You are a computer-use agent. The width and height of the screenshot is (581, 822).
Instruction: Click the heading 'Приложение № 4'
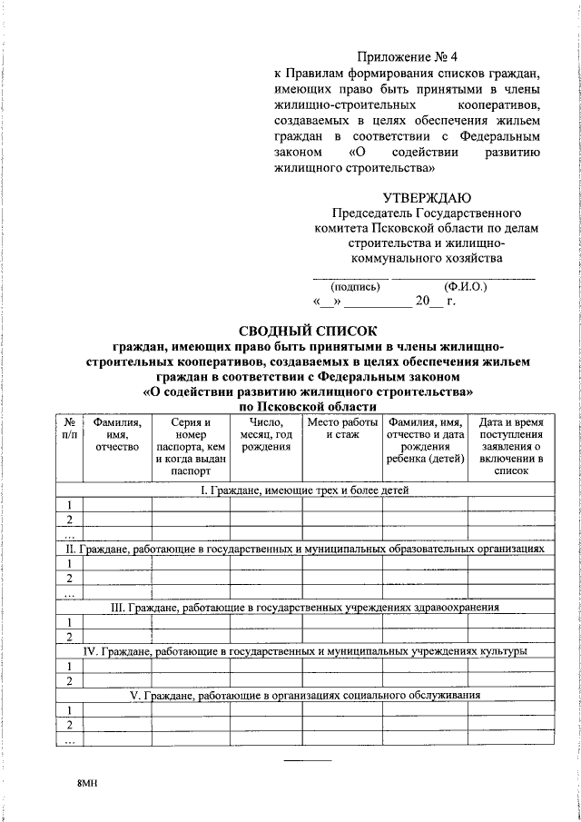pyautogui.click(x=407, y=57)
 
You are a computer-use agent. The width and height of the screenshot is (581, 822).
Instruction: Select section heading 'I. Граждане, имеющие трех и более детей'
pyautogui.click(x=305, y=490)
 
